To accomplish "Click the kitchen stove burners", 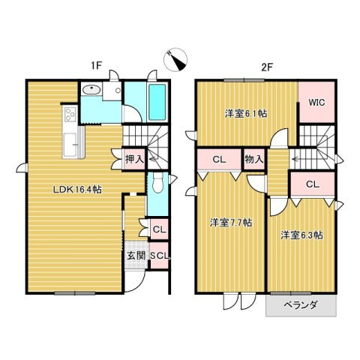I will [70, 116].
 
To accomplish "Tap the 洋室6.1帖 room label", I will [247, 114].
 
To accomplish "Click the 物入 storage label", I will [254, 160].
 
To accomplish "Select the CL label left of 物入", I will [219, 160].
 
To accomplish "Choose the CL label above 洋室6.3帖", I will [313, 184].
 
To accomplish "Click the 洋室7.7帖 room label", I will [230, 223].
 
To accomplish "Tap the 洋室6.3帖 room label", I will [301, 235].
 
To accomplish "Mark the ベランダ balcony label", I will [300, 305].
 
